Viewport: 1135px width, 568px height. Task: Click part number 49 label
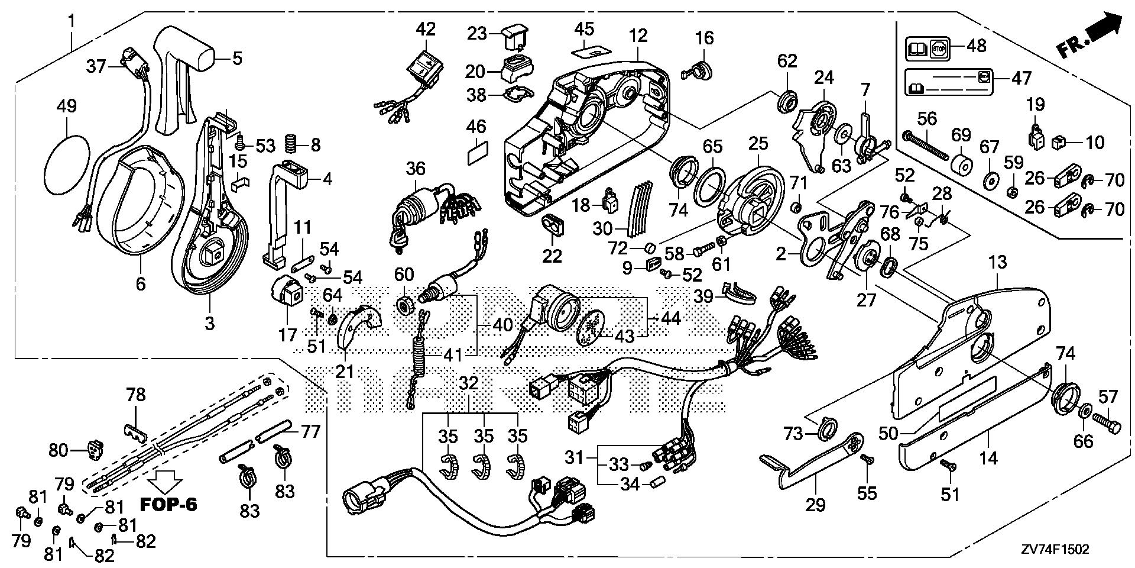point(67,107)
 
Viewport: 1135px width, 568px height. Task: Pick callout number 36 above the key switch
point(416,169)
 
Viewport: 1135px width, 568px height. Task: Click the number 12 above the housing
point(638,35)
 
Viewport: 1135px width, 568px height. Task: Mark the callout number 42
point(426,28)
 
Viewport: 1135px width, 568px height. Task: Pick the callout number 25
point(758,144)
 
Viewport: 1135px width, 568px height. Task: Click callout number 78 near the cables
point(136,395)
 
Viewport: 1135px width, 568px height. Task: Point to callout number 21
point(345,372)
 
